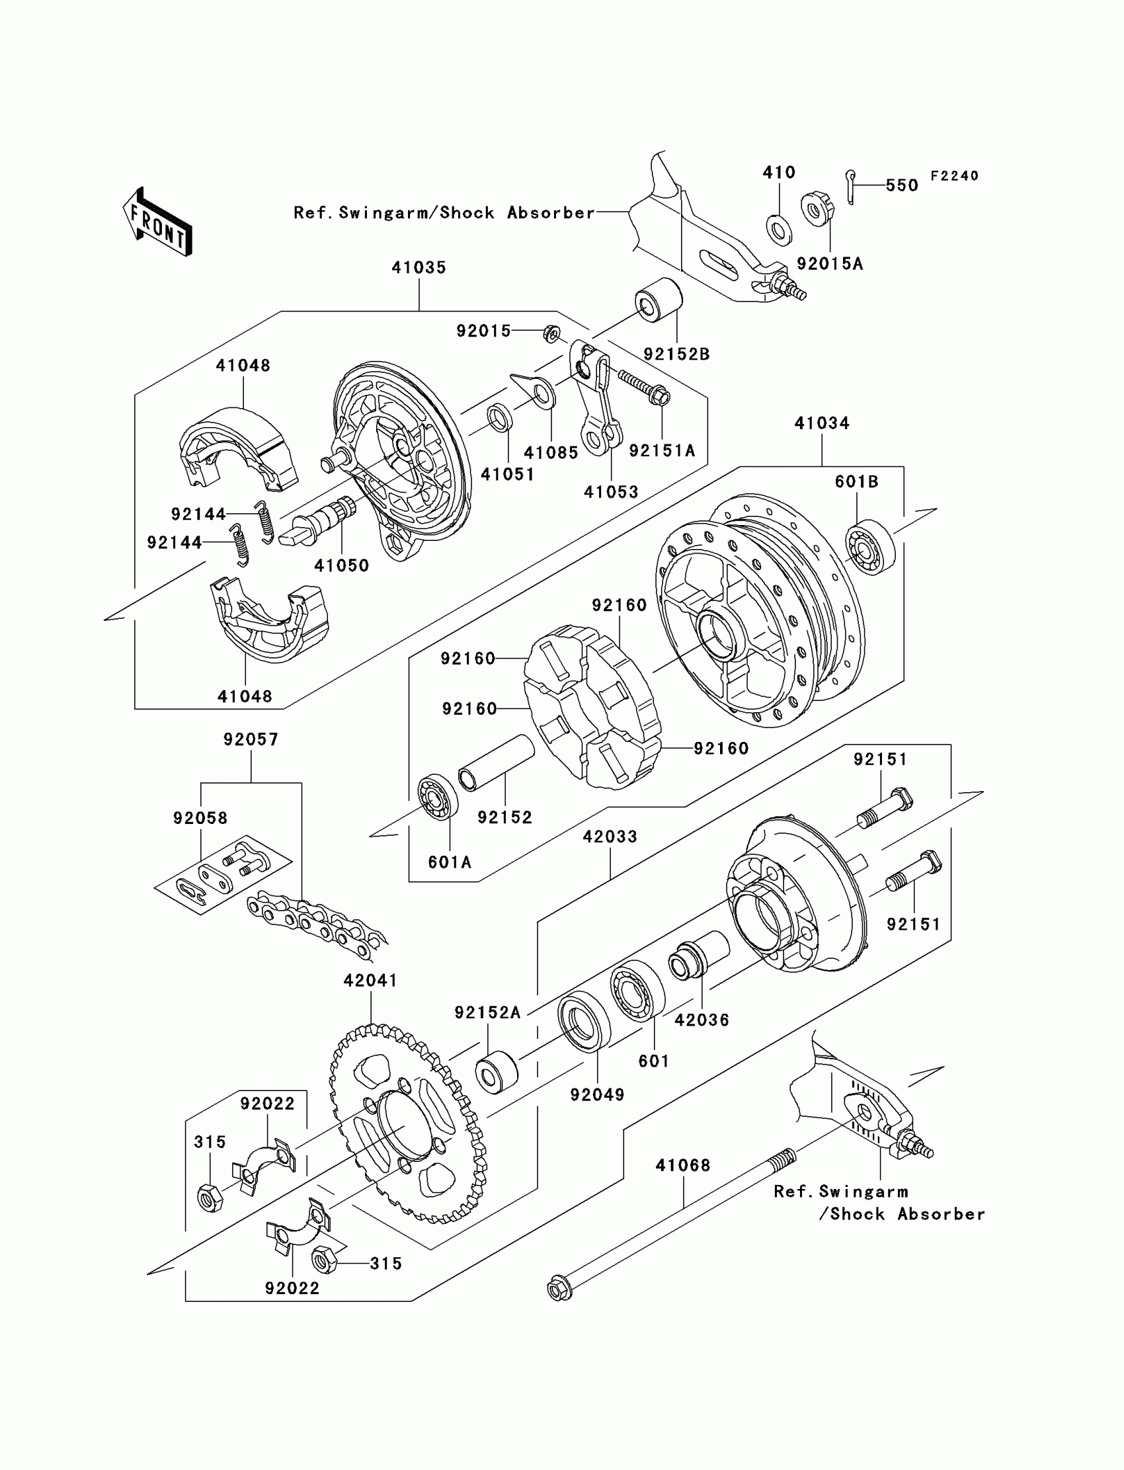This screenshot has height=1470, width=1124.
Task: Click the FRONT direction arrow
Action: tap(157, 222)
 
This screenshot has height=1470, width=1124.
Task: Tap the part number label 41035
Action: tap(419, 268)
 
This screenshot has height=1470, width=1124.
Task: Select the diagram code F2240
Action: tap(954, 176)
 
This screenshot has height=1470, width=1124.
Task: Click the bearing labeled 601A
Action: tap(438, 797)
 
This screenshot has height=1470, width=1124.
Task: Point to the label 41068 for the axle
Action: tap(682, 1165)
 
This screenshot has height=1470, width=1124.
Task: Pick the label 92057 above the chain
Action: tap(251, 739)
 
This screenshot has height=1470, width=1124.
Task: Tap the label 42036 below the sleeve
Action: tap(702, 1020)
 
